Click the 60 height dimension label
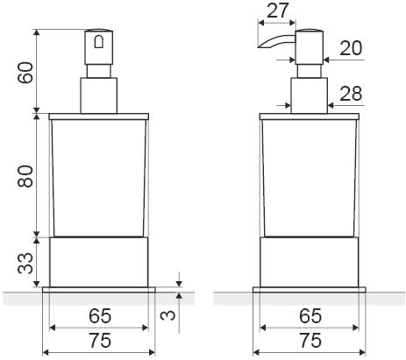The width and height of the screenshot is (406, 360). pyautogui.click(x=25, y=73)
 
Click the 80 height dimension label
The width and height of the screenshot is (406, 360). pyautogui.click(x=25, y=176)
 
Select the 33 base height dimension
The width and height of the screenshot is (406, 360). pyautogui.click(x=25, y=263)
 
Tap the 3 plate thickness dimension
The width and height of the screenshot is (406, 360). pyautogui.click(x=168, y=315)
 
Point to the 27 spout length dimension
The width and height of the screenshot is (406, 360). pyautogui.click(x=278, y=11)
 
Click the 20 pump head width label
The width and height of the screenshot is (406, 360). pyautogui.click(x=351, y=48)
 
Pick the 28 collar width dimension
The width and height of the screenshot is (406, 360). pyautogui.click(x=351, y=94)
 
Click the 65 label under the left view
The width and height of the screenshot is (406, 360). pyautogui.click(x=100, y=316)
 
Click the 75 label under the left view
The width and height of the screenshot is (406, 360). pyautogui.click(x=100, y=341)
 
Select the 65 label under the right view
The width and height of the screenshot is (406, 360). pyautogui.click(x=310, y=316)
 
